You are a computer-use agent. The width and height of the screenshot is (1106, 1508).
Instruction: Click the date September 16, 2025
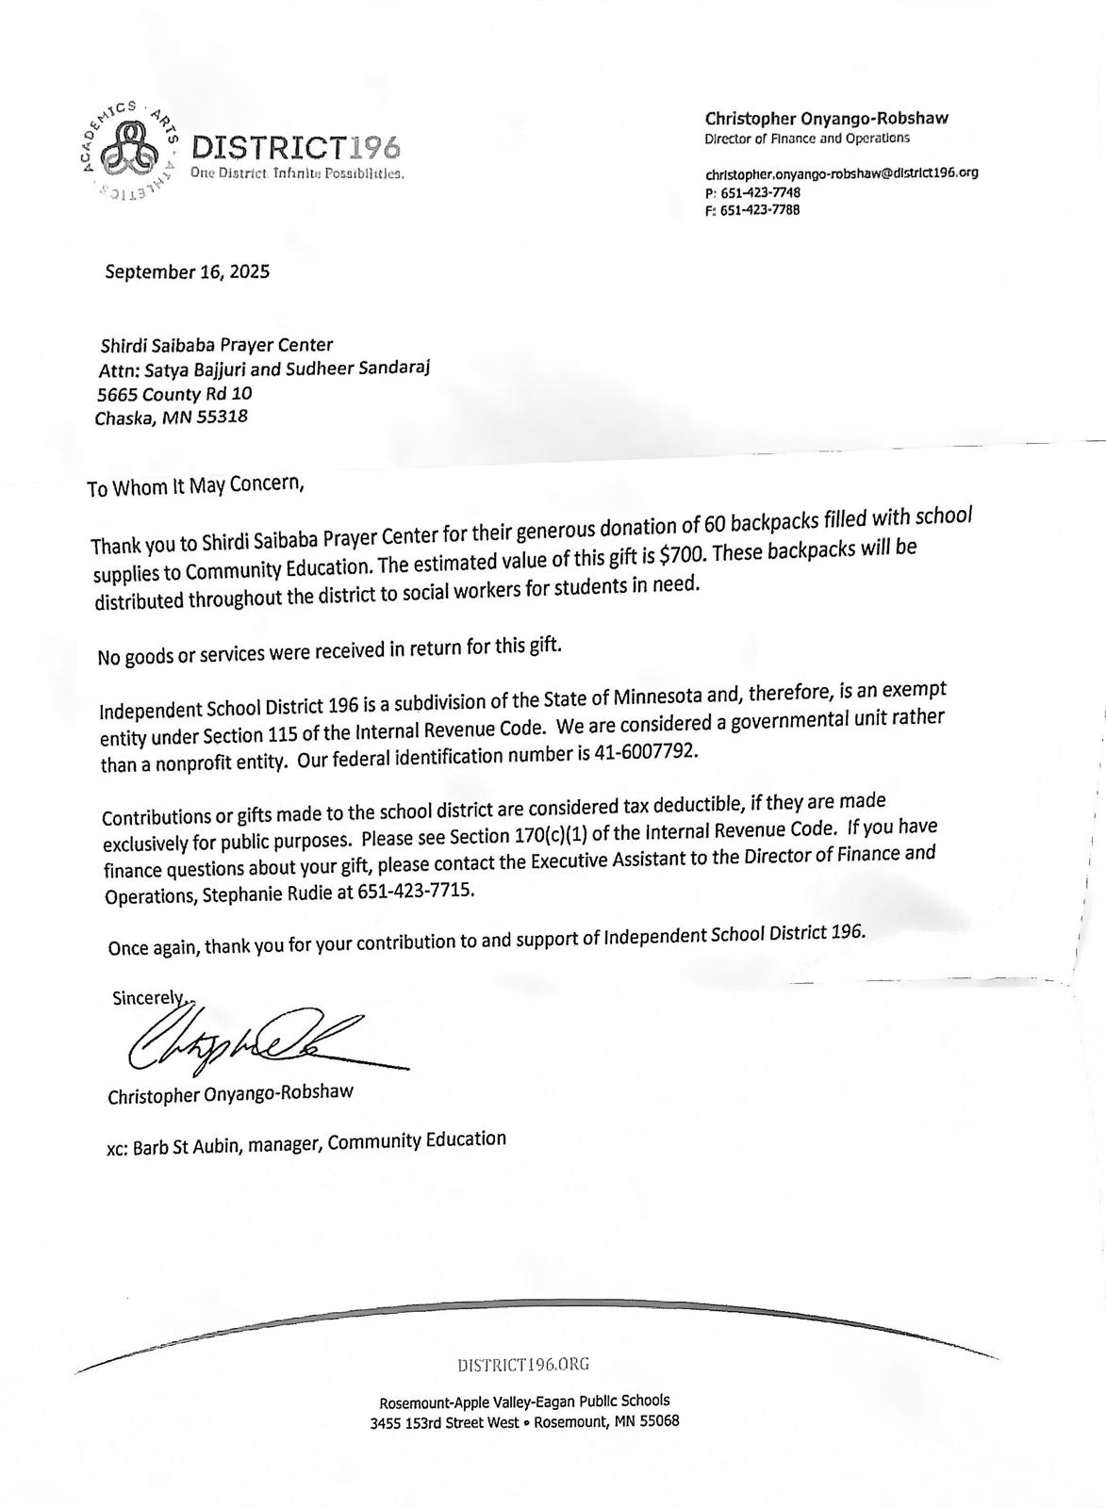coord(187,271)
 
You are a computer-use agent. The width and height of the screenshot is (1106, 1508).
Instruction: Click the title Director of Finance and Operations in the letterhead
coord(807,139)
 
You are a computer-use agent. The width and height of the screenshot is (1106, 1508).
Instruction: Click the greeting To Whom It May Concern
coord(195,486)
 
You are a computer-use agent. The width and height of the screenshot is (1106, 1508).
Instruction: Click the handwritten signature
coord(245,1042)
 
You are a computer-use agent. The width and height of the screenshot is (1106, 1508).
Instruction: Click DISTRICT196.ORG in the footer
coord(523,1364)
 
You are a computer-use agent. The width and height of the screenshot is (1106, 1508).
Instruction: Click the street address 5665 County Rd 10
coord(175,394)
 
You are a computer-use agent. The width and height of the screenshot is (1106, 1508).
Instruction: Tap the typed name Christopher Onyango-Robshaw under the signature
coord(230,1095)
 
